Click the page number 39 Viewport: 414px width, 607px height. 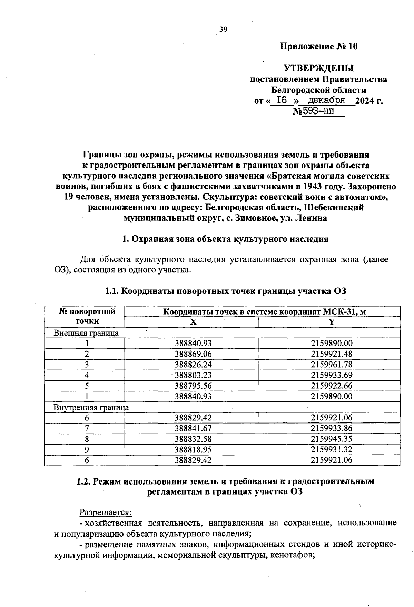pyautogui.click(x=223, y=30)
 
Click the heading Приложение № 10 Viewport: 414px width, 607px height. pyautogui.click(x=318, y=47)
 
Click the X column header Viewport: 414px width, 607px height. pyautogui.click(x=193, y=322)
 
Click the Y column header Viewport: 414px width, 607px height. pyautogui.click(x=332, y=322)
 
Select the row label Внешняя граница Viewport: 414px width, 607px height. pyautogui.click(x=86, y=333)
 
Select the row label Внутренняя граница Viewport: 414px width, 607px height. pyautogui.click(x=91, y=407)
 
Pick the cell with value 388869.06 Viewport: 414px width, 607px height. pyautogui.click(x=193, y=354)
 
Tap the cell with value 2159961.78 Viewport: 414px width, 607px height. pyautogui.click(x=332, y=365)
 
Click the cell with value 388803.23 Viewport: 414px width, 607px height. pyautogui.click(x=193, y=375)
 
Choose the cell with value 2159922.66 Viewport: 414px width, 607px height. pyautogui.click(x=332, y=386)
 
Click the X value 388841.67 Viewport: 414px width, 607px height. pyautogui.click(x=193, y=428)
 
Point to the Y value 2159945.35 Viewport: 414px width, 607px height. pyautogui.click(x=332, y=439)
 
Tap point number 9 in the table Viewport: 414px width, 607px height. pyautogui.click(x=87, y=450)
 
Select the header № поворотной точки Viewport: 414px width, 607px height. pyautogui.click(x=87, y=316)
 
